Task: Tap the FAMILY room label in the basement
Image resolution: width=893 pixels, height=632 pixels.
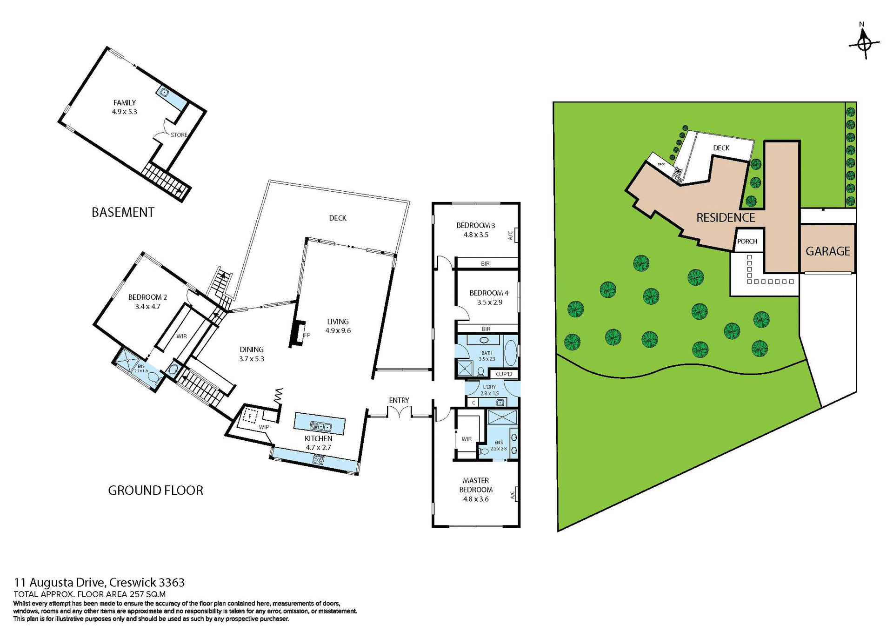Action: point(125,103)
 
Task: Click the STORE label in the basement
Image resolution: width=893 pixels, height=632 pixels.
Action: point(179,135)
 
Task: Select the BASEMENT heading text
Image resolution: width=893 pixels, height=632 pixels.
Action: point(123,212)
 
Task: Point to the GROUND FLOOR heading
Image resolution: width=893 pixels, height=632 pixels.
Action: point(155,491)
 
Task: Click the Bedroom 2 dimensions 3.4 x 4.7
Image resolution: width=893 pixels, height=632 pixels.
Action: point(148,307)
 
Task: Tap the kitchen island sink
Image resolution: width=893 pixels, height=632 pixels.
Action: point(320,426)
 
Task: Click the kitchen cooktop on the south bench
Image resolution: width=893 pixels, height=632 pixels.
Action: point(319,460)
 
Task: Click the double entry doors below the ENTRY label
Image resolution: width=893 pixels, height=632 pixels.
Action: point(399,412)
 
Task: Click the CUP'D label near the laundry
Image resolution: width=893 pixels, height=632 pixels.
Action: point(504,374)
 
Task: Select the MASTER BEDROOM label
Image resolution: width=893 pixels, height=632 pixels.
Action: point(476,485)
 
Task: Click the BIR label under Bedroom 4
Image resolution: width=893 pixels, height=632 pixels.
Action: point(486,329)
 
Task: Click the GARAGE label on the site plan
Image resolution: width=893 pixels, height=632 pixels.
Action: point(827,251)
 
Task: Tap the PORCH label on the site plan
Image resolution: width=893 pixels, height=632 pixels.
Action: point(747,241)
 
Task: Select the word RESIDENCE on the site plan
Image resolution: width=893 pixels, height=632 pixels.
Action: point(725,218)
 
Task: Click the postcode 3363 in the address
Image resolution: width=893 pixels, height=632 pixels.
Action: point(172,583)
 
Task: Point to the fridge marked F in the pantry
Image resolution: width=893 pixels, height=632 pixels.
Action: point(250,416)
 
